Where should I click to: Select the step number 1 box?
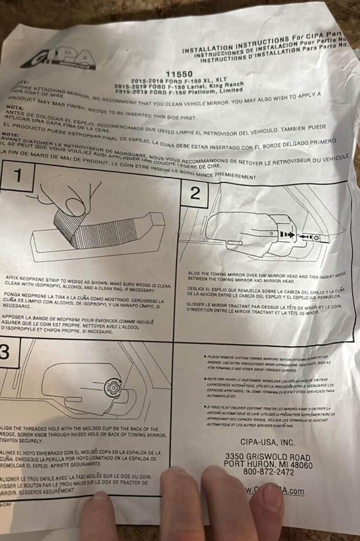pyautogui.click(x=18, y=176)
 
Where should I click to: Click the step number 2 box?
pyautogui.click(x=196, y=194)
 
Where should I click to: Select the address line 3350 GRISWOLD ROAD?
pyautogui.click(x=268, y=457)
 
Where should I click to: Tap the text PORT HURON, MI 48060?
pyautogui.click(x=268, y=465)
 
